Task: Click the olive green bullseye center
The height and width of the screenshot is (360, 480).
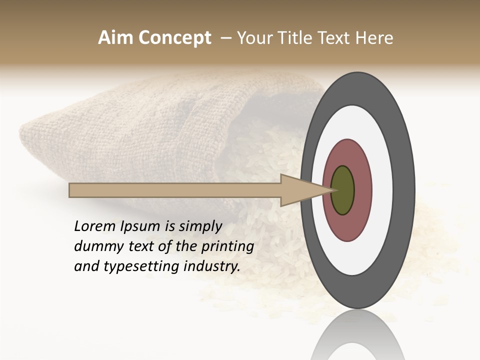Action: [343, 190]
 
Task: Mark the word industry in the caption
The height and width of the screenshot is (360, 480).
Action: [212, 267]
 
